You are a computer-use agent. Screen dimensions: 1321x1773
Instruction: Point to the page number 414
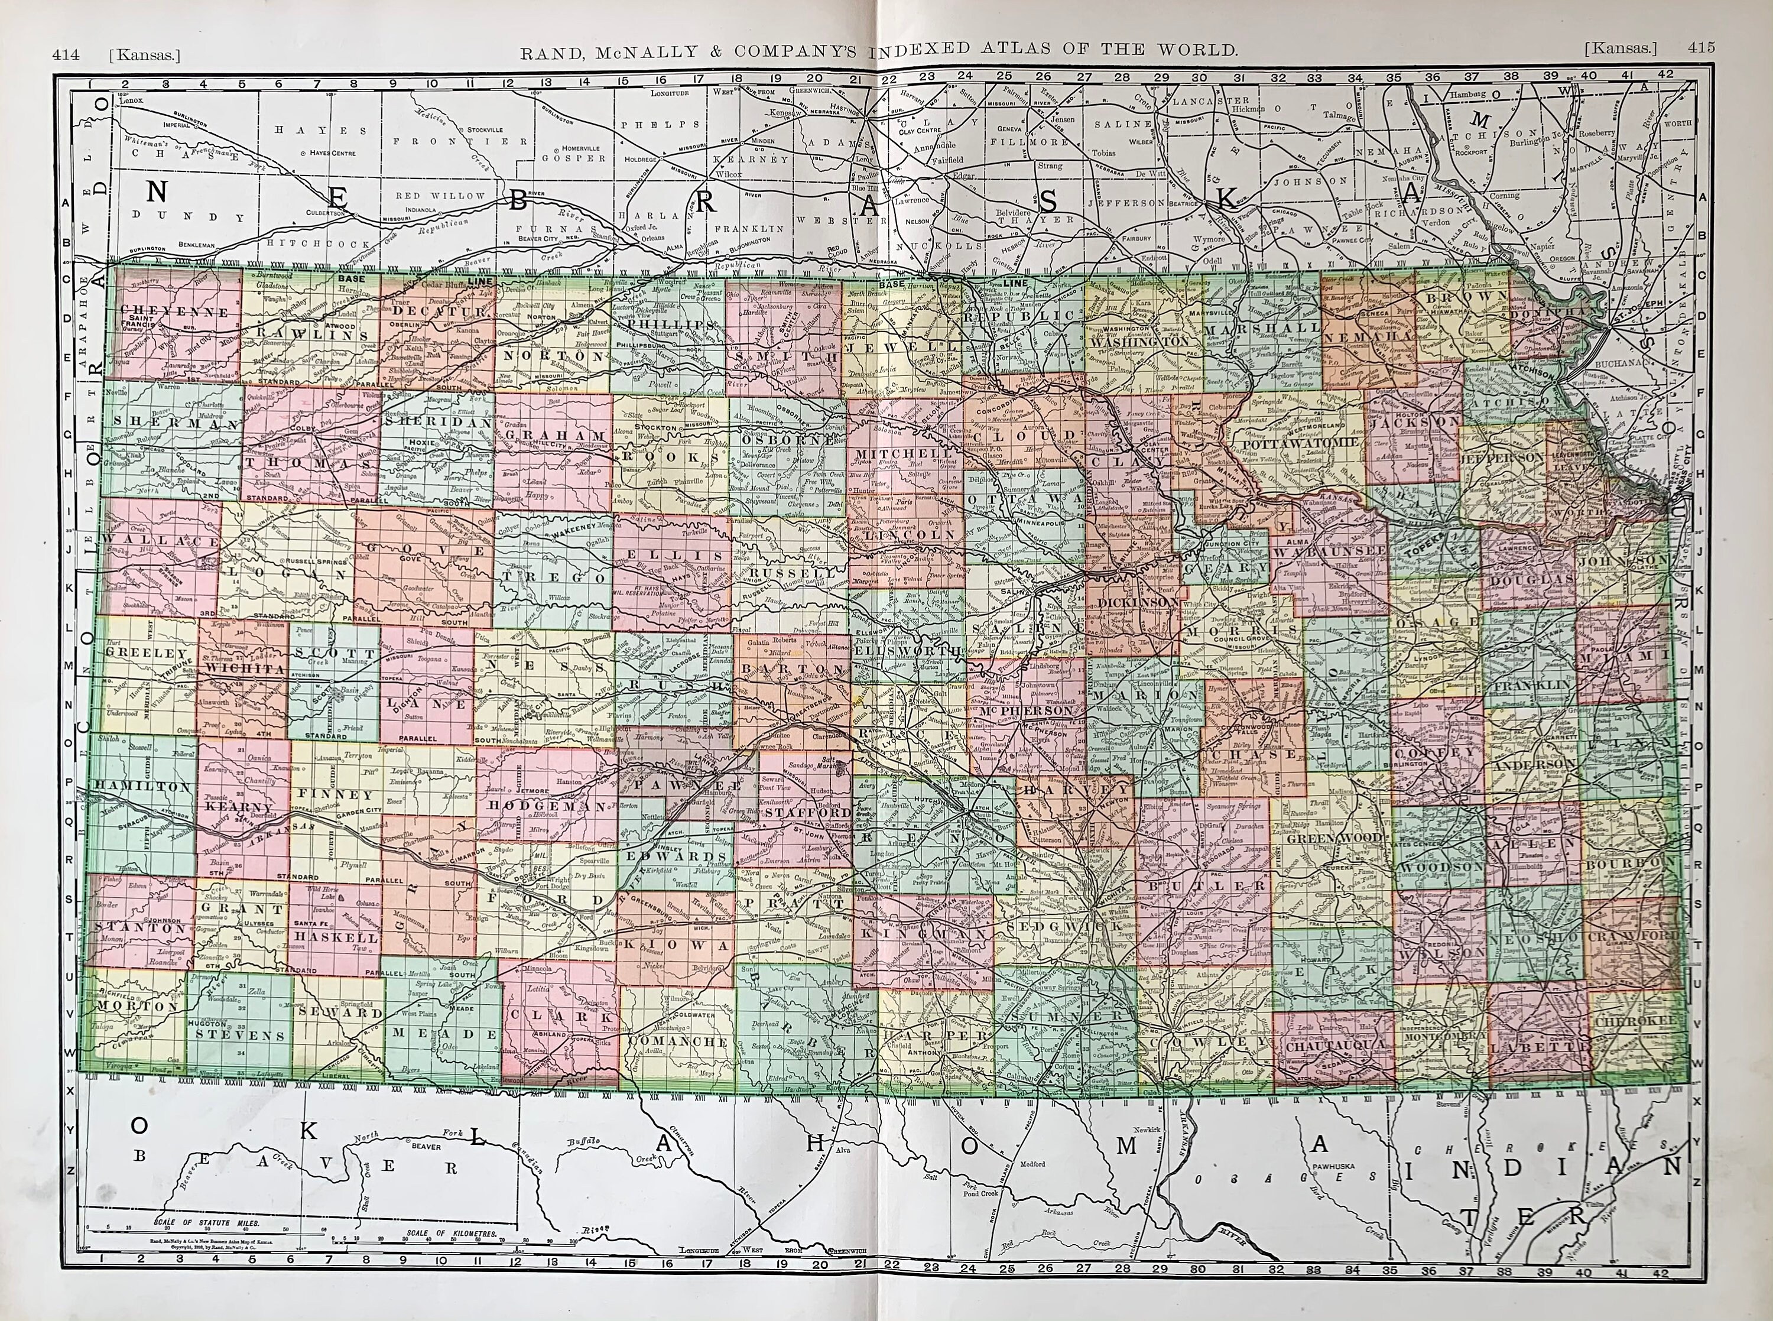tap(66, 54)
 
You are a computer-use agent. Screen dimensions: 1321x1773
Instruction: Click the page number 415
tap(1701, 48)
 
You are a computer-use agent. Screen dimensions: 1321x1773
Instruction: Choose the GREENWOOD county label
tap(1324, 838)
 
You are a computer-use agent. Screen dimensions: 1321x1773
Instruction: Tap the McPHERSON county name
tap(1027, 710)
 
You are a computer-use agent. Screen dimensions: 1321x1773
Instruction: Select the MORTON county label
tap(128, 1006)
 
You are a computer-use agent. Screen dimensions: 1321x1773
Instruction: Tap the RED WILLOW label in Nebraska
tap(440, 195)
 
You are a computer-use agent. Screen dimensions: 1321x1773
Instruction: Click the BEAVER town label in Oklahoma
tap(426, 1146)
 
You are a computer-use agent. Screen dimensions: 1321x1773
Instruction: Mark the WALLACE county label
tap(160, 541)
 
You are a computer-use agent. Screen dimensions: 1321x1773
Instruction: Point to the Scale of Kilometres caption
tap(451, 1233)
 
